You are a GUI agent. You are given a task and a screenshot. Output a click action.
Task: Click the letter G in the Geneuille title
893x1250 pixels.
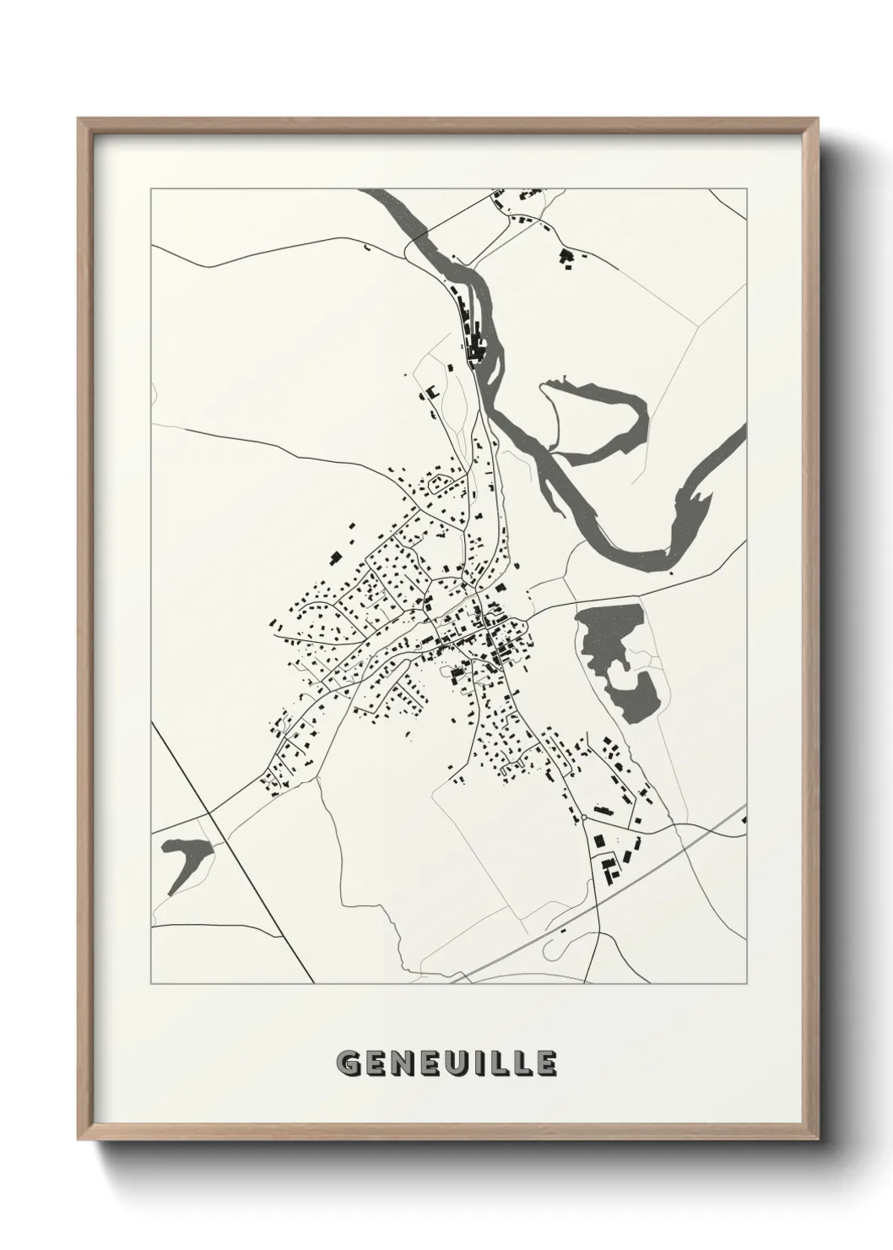click(349, 1065)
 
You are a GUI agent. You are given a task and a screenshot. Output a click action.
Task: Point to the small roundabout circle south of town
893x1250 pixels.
click(583, 818)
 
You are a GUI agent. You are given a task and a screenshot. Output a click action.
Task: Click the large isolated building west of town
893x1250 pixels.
click(335, 557)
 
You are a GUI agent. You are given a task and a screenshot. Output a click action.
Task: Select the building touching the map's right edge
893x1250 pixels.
click(744, 818)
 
